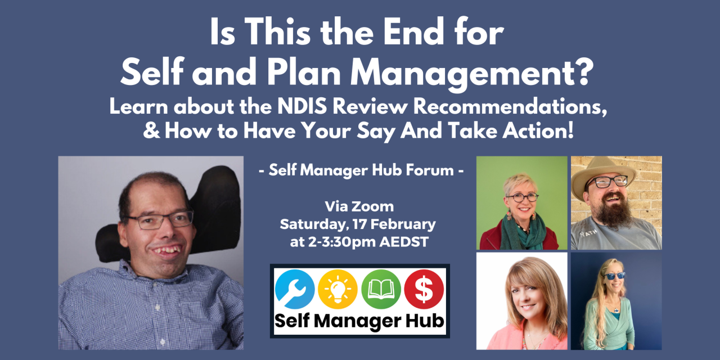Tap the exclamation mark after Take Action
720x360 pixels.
point(570,132)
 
